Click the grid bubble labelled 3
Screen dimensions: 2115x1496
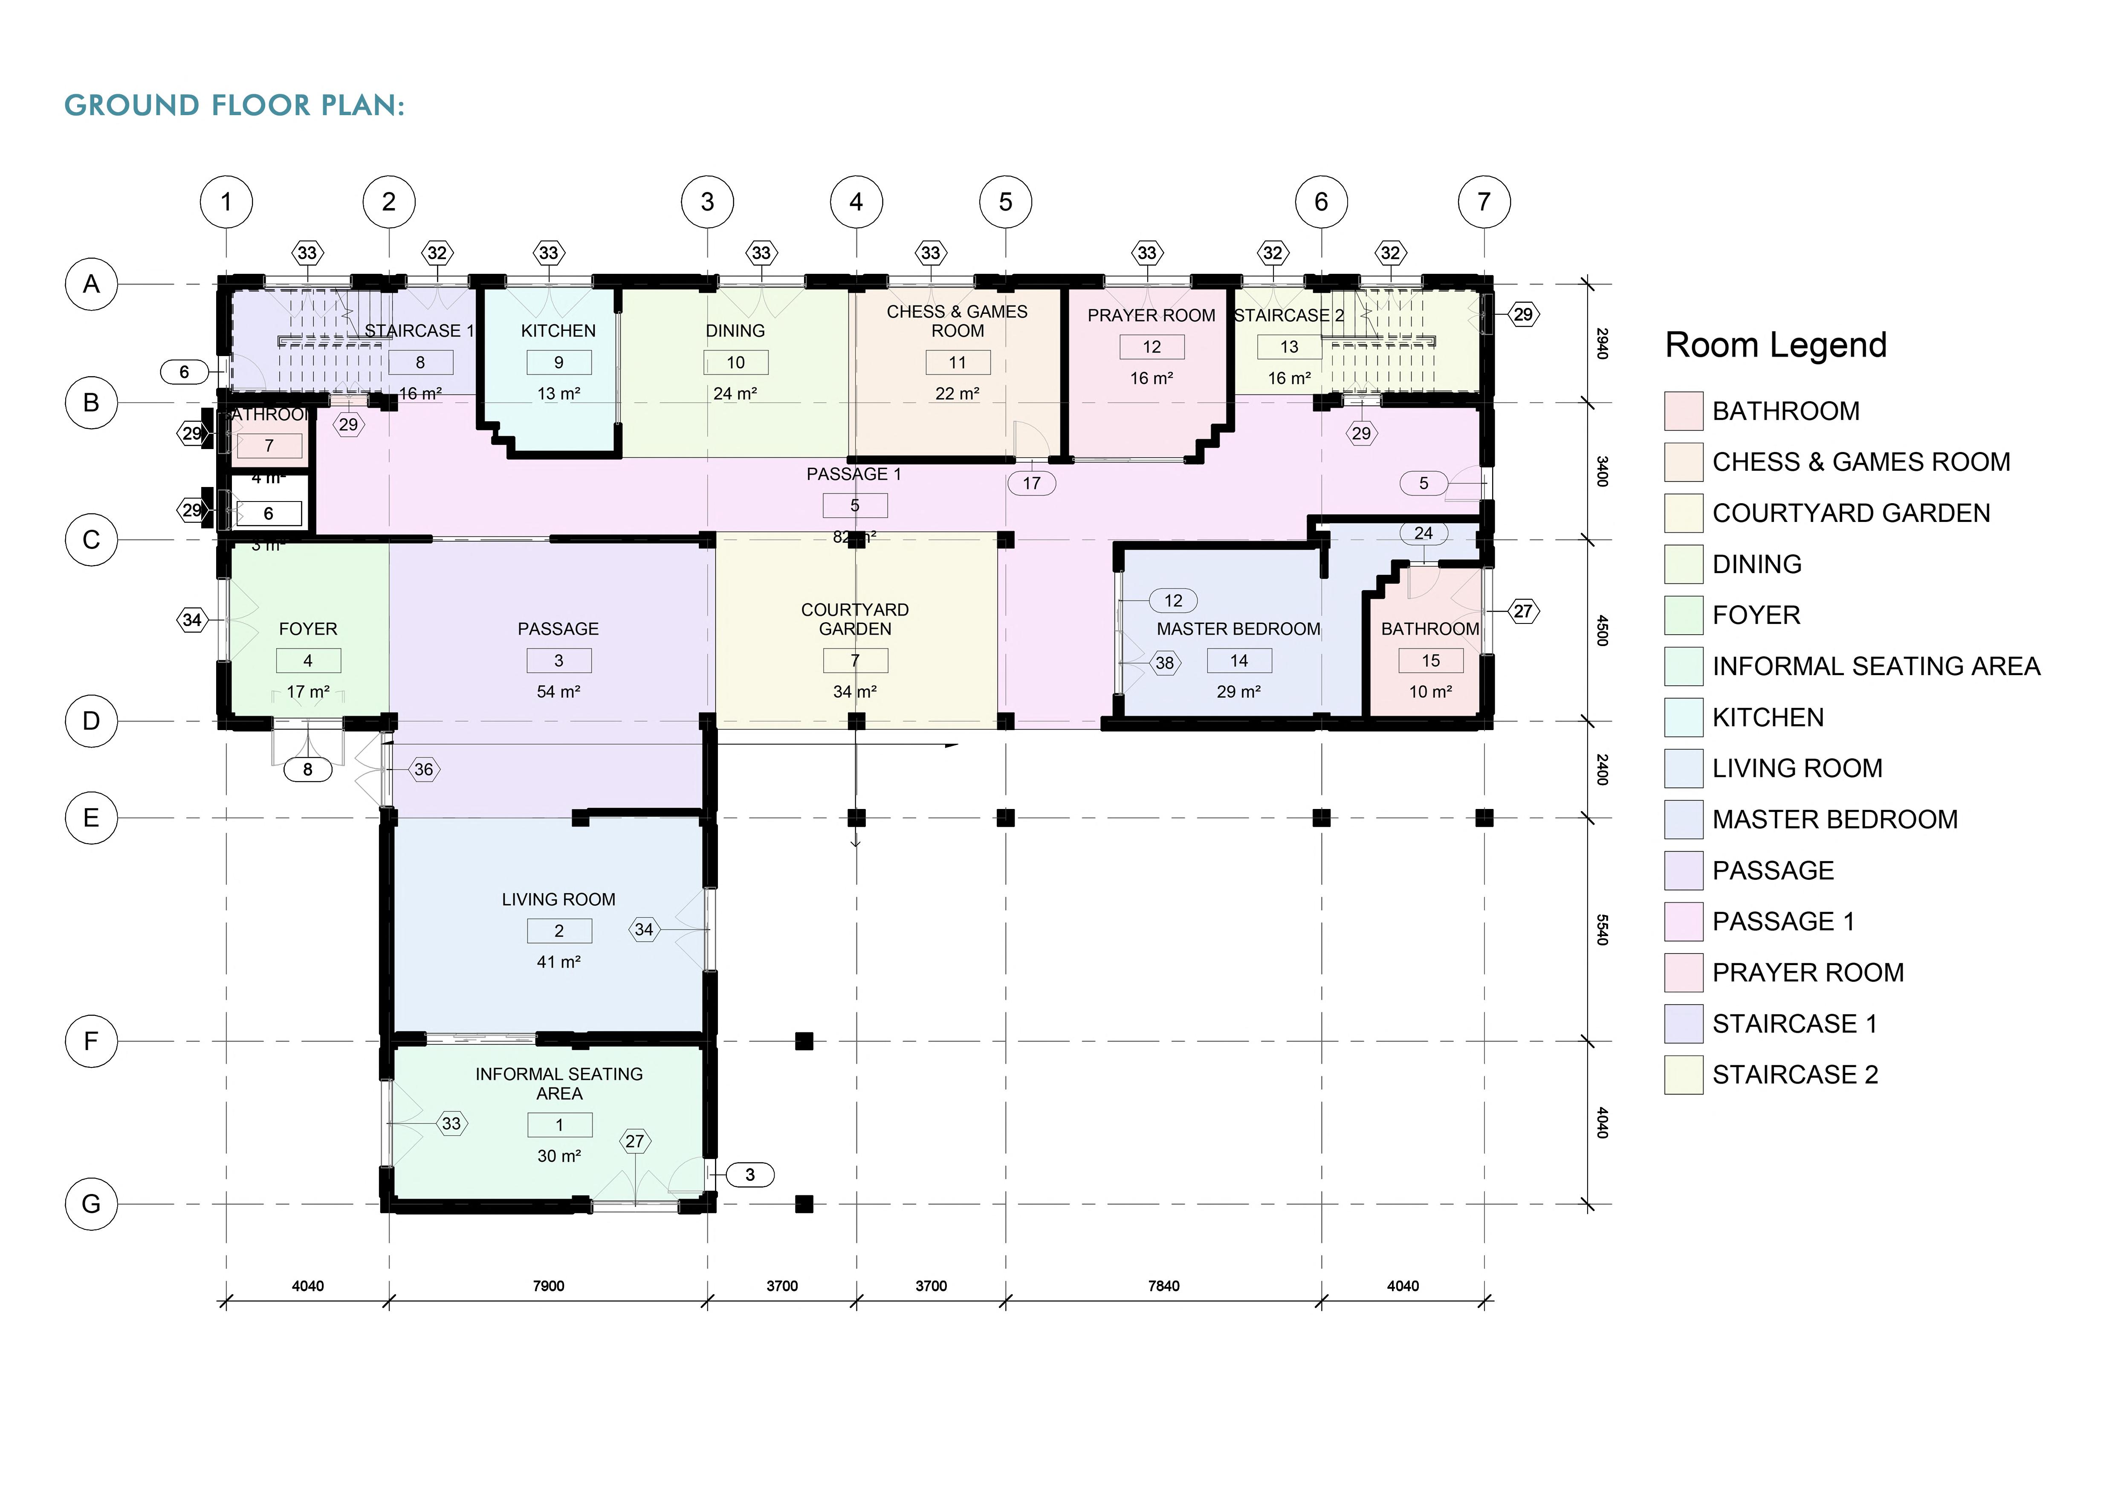click(x=707, y=202)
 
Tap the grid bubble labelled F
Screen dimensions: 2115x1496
click(x=91, y=1041)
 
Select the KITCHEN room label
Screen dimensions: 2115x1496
click(x=558, y=331)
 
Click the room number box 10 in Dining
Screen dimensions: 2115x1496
click(x=735, y=362)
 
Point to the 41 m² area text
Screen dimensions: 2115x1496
click(x=558, y=962)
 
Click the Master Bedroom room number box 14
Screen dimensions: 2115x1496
click(x=1239, y=661)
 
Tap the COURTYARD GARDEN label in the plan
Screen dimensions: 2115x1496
click(x=855, y=619)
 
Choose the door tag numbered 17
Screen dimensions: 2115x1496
click(x=1032, y=483)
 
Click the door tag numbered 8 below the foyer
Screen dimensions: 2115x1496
click(x=308, y=769)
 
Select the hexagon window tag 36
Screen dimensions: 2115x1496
click(x=424, y=769)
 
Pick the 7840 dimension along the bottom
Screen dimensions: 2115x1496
click(x=1163, y=1286)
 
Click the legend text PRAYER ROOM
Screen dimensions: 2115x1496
click(x=1807, y=973)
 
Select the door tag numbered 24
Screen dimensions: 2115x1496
click(x=1423, y=533)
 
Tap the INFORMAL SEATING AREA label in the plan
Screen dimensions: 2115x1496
click(x=559, y=1083)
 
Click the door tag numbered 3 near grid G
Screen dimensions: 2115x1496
click(x=750, y=1174)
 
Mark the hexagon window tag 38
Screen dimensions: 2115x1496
click(x=1165, y=662)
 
